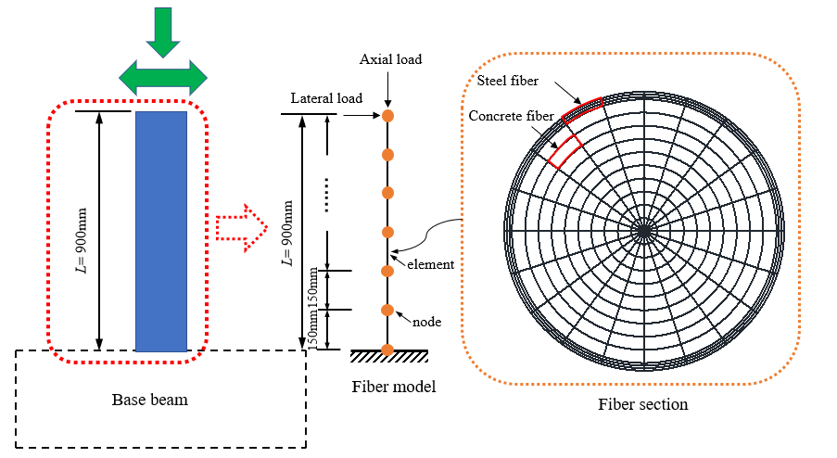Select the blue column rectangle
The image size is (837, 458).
(161, 231)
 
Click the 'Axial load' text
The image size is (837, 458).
(390, 59)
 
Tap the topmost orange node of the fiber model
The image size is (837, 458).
(388, 116)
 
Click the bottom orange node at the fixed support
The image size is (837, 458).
(388, 350)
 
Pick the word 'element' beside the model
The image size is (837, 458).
(431, 264)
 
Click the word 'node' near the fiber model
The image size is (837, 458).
(426, 322)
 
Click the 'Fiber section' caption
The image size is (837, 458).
(642, 404)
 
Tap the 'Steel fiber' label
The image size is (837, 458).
(508, 81)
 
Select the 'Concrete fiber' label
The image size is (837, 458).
(511, 116)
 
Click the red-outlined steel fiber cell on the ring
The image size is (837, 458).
(581, 110)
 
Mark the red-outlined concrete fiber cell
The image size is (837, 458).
(564, 150)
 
